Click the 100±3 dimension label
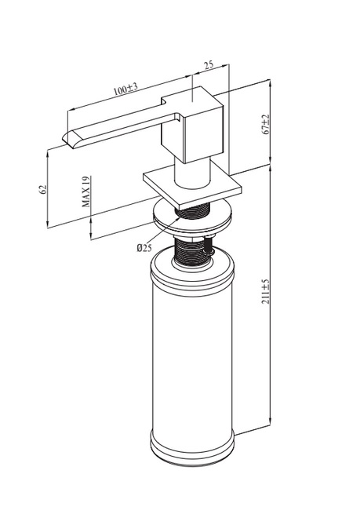tap(125, 89)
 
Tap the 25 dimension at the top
tap(209, 64)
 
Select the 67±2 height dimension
tap(266, 124)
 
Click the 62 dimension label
tap(42, 189)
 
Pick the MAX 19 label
tap(86, 191)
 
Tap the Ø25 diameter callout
tap(144, 248)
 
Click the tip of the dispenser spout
tap(64, 138)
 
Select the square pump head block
tap(192, 125)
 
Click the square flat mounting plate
tap(192, 188)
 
